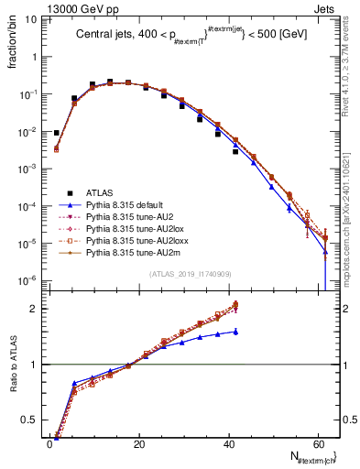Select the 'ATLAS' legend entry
(x=100, y=191)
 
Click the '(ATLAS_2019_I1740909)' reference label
(x=190, y=274)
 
